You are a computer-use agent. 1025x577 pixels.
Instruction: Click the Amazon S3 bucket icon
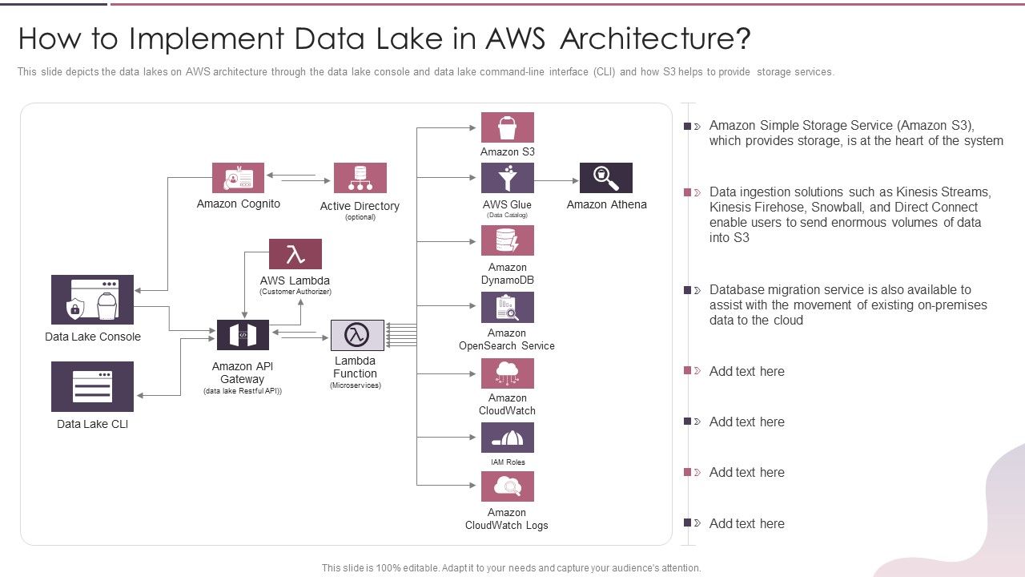click(x=507, y=127)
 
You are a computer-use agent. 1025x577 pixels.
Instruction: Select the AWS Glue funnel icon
click(x=507, y=178)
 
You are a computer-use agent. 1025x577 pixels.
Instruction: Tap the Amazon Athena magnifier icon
click(x=605, y=178)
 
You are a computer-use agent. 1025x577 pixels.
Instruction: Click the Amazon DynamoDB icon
click(x=507, y=240)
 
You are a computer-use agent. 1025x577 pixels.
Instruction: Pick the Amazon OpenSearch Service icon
click(x=507, y=307)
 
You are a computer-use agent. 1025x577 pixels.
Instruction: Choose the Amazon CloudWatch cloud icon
click(x=507, y=373)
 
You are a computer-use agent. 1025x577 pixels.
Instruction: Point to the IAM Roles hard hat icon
click(x=507, y=438)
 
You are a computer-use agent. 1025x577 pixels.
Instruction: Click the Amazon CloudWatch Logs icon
click(x=507, y=486)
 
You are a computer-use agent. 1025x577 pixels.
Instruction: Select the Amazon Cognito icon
click(x=238, y=178)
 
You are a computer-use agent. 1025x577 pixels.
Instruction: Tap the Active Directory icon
click(x=360, y=178)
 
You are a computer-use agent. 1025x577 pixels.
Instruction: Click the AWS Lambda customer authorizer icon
click(x=295, y=254)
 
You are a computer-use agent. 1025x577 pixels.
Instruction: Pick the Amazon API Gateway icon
click(x=243, y=335)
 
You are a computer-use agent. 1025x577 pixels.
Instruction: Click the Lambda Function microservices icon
click(x=357, y=335)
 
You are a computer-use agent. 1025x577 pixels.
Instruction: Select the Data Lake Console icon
click(x=92, y=300)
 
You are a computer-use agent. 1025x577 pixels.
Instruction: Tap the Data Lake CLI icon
click(x=92, y=386)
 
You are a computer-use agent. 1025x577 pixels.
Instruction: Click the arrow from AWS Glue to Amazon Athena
click(x=556, y=181)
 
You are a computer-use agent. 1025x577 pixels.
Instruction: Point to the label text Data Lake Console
click(x=92, y=337)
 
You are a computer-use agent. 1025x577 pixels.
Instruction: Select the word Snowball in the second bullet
click(x=838, y=207)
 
